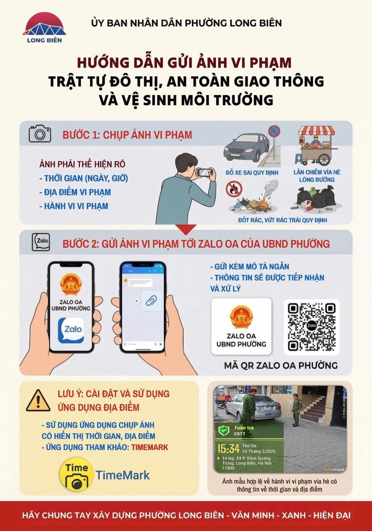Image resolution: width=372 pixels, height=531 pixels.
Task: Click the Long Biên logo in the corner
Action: [x=44, y=28]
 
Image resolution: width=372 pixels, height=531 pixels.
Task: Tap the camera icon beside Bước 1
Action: [x=40, y=134]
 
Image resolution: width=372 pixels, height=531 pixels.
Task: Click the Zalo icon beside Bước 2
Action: [x=40, y=242]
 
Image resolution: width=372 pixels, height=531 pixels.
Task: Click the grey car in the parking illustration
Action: [x=247, y=146]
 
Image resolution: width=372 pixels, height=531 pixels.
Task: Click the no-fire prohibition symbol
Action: [x=234, y=189]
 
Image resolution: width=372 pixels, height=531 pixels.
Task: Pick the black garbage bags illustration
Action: [x=316, y=197]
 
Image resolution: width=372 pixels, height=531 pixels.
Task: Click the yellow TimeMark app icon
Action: [x=76, y=474]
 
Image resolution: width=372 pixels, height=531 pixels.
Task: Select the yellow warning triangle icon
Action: [x=38, y=400]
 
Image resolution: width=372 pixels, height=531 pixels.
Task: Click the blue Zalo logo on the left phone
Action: [x=71, y=330]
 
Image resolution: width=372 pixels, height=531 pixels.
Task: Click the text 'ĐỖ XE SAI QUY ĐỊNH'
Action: [x=247, y=172]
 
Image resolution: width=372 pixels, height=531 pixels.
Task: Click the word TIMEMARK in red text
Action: [x=149, y=447]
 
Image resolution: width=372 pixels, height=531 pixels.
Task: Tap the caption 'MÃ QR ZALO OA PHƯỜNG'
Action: [x=281, y=365]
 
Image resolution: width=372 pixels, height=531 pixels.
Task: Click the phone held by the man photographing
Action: [x=205, y=172]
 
